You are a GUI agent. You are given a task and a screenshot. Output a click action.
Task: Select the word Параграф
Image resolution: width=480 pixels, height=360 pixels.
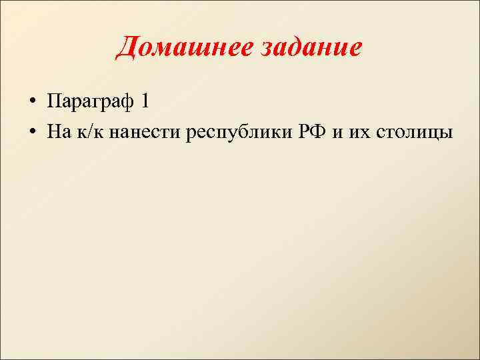pos(92,101)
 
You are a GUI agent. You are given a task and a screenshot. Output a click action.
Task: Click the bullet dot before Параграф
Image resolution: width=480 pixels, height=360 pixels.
pos(32,103)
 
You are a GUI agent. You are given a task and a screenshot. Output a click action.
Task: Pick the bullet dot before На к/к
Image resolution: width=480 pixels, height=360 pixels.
pos(32,133)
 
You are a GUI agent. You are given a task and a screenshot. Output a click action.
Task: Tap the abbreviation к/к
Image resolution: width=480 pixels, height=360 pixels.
pos(90,132)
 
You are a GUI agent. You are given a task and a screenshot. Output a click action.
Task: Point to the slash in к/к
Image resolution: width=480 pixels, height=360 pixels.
pos(90,132)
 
